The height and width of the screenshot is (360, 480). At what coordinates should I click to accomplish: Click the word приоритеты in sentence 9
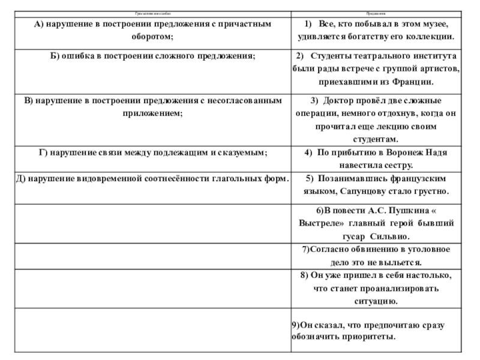[x=366, y=337]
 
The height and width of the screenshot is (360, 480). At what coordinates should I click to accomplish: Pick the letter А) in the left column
[x=38, y=23]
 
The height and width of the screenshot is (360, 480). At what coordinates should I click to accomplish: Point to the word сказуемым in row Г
[x=239, y=153]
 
